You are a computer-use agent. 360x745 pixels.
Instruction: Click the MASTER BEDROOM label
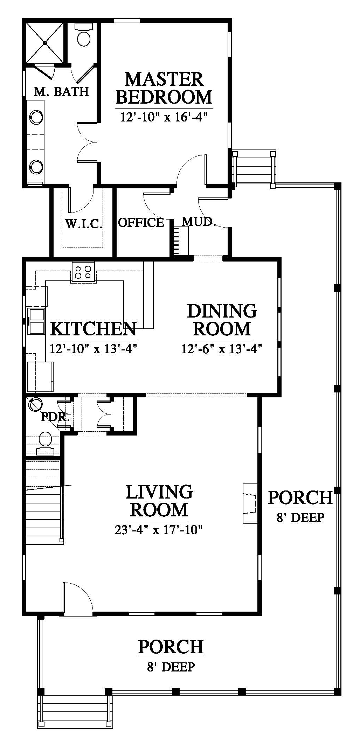(x=164, y=88)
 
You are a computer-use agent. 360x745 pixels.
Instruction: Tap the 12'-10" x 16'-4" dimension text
(x=162, y=117)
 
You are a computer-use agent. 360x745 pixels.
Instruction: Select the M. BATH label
(x=61, y=92)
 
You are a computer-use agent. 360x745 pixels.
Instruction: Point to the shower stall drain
(x=45, y=43)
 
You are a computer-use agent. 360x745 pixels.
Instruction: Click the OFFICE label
(x=141, y=223)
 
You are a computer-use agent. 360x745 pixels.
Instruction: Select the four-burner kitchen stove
(x=83, y=272)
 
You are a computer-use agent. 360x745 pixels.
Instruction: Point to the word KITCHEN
(x=94, y=329)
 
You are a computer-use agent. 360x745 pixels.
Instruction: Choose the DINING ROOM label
(x=222, y=320)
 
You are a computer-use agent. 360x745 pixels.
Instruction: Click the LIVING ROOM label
(x=159, y=501)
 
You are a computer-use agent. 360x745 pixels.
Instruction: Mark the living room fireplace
(x=250, y=504)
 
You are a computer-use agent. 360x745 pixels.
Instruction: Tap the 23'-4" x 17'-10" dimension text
(x=159, y=530)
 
